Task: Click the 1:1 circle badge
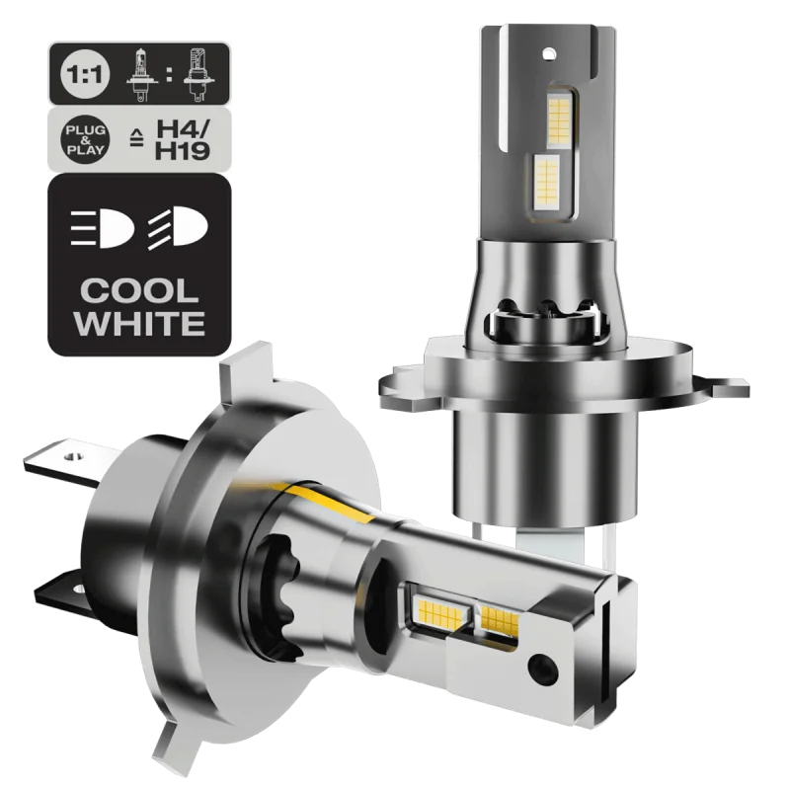coord(85,74)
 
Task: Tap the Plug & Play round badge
coord(86,139)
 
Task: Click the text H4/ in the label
coord(183,128)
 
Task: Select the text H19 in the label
coord(183,151)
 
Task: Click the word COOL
coord(139,291)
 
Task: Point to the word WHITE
coord(140,323)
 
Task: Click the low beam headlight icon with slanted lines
coord(177,228)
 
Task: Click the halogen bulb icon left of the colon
coord(142,75)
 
